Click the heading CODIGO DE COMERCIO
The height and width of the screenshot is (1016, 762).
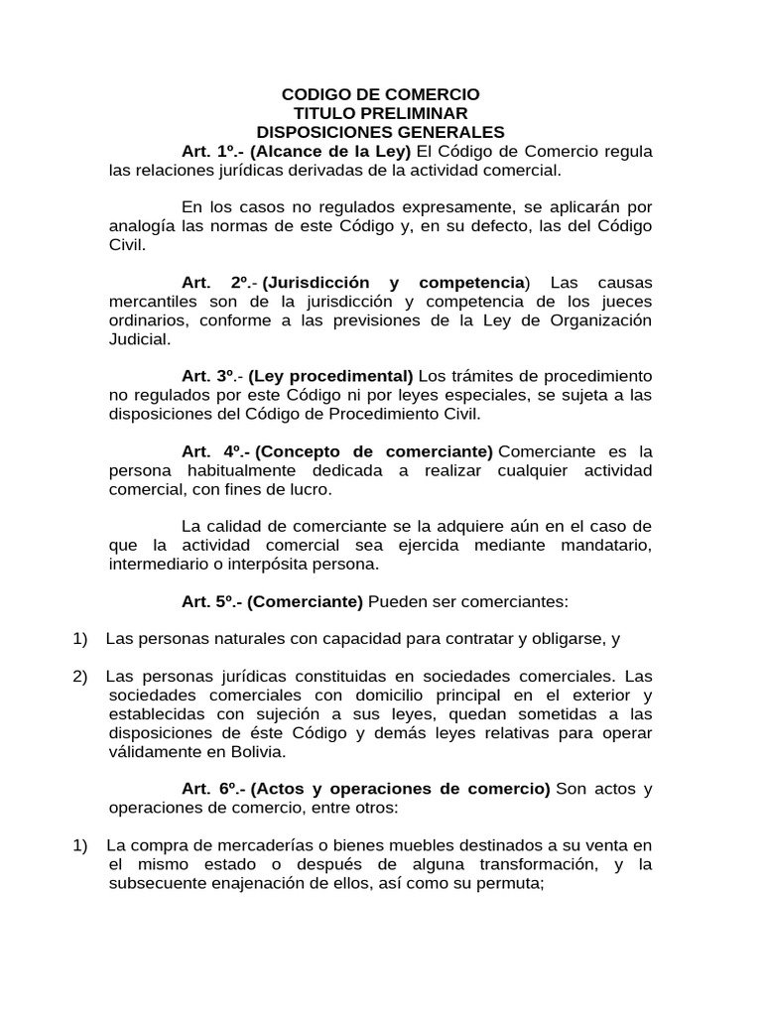pyautogui.click(x=381, y=94)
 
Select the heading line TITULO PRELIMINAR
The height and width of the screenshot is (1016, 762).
pyautogui.click(x=381, y=113)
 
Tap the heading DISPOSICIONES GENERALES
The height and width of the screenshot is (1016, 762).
pyautogui.click(x=381, y=132)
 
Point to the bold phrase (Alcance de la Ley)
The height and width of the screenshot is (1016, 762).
pyautogui.click(x=330, y=152)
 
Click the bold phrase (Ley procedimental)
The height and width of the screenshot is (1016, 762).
pyautogui.click(x=330, y=376)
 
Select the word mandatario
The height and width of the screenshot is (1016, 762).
pyautogui.click(x=607, y=545)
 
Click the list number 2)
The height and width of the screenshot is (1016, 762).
pyautogui.click(x=80, y=676)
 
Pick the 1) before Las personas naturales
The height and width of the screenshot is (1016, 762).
pyautogui.click(x=80, y=638)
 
